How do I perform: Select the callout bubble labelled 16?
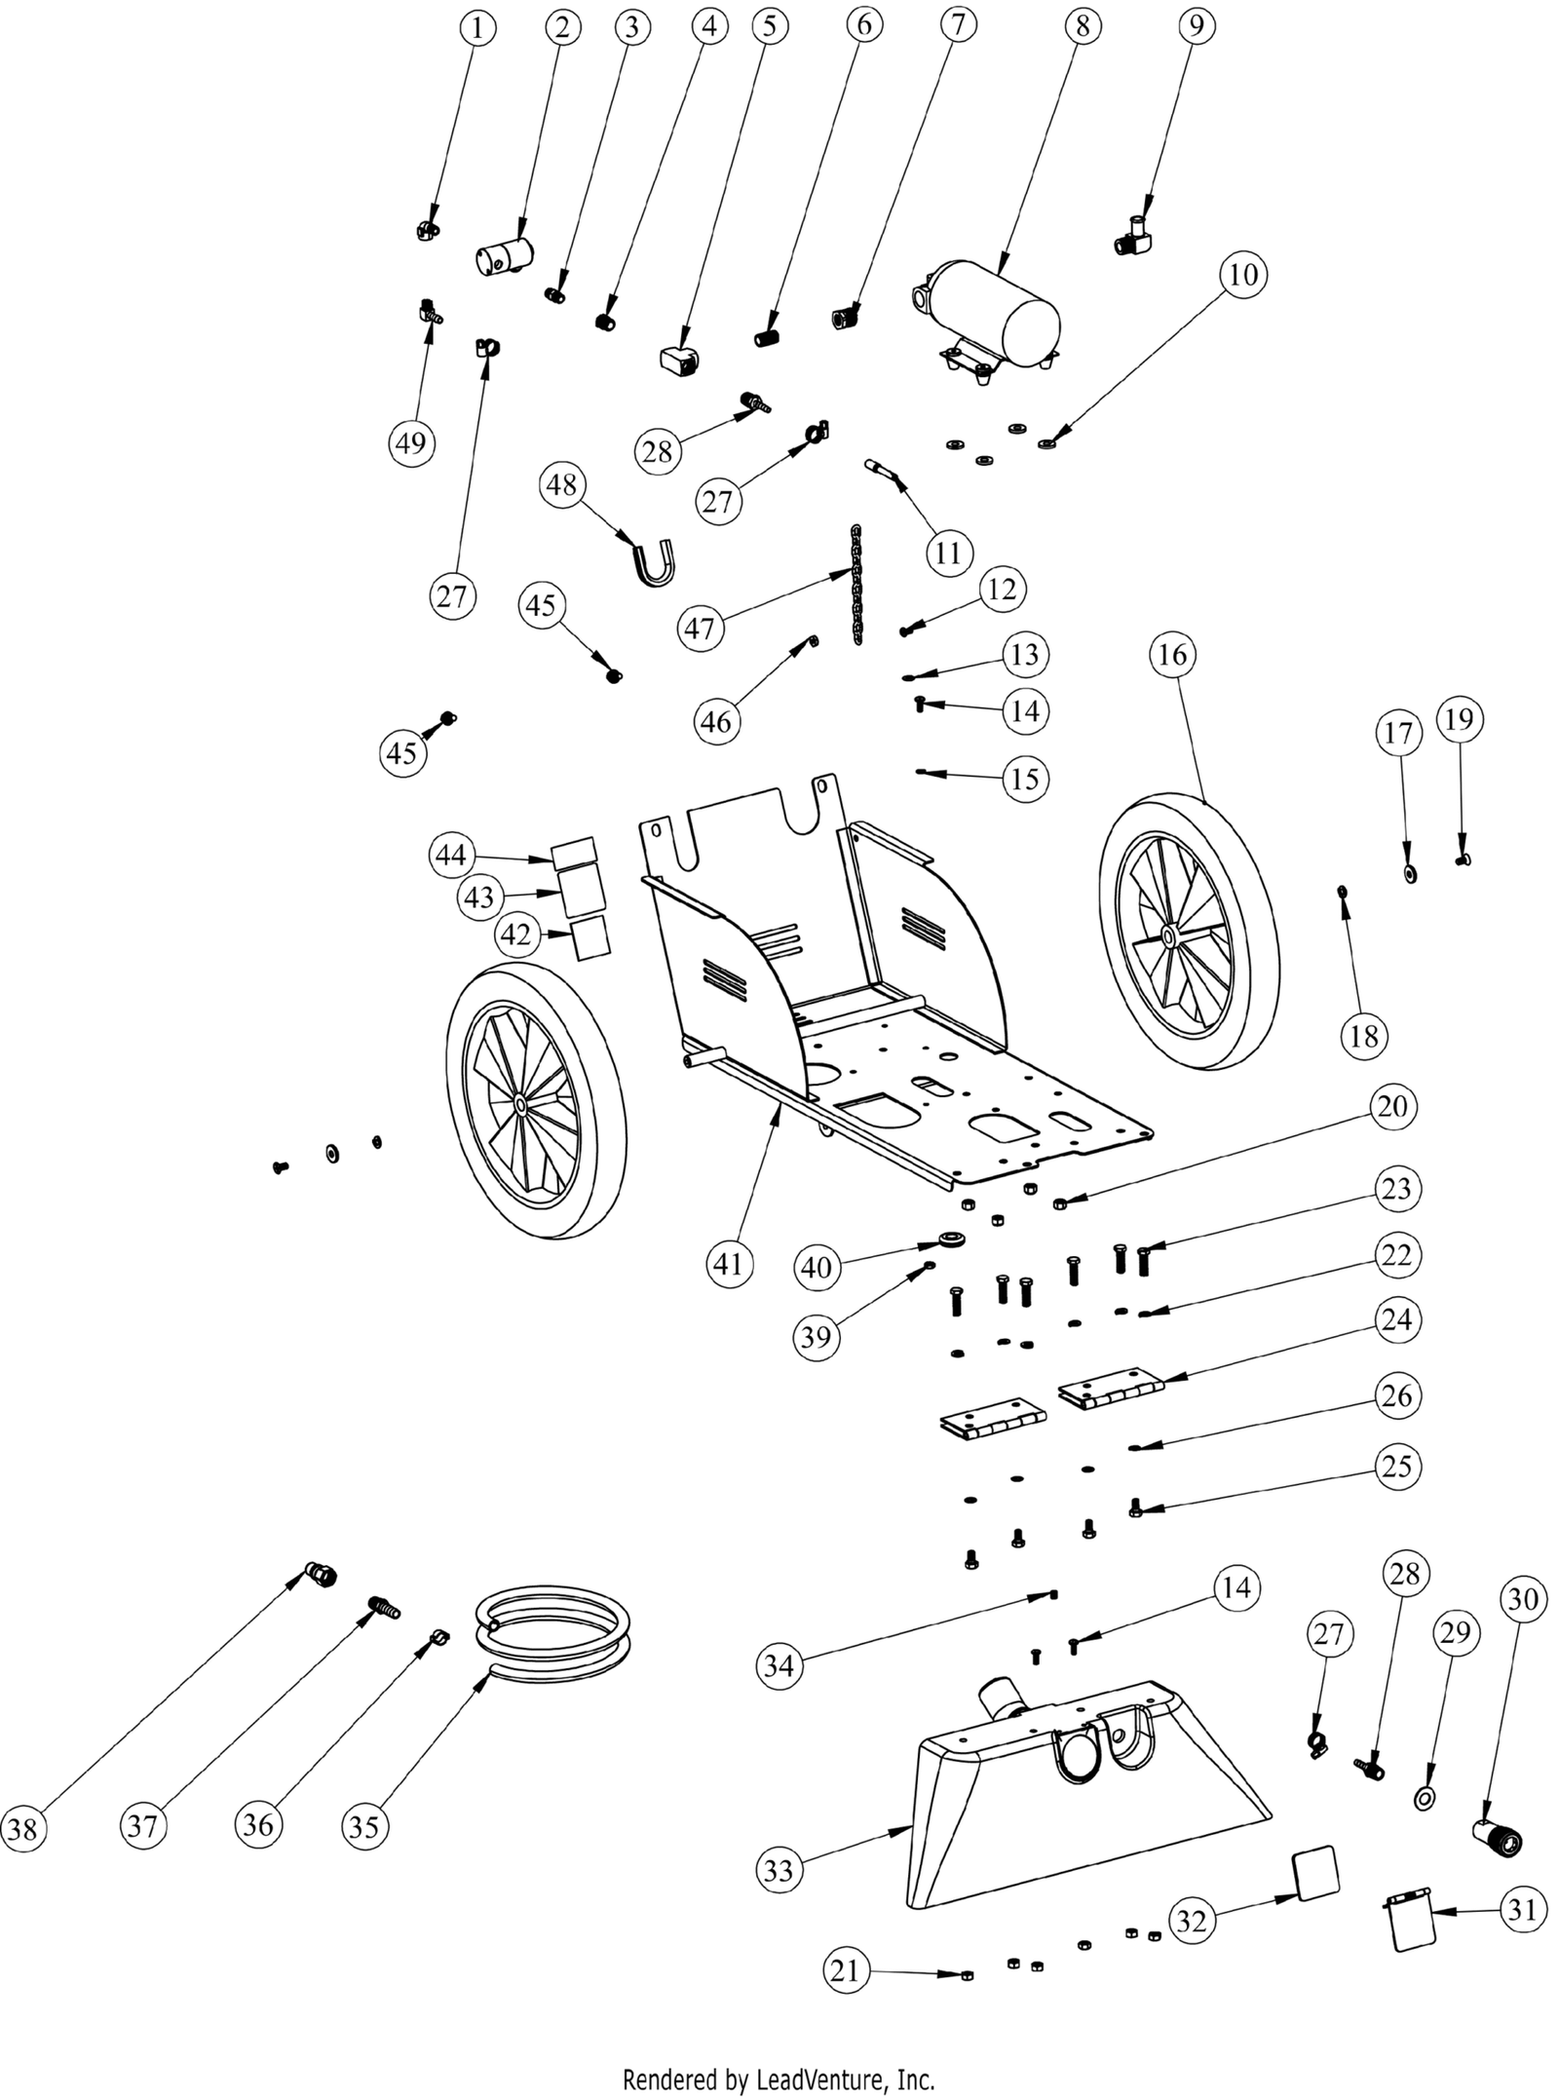1172,654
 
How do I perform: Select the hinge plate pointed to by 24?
1111,1395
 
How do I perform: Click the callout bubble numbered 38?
22,1828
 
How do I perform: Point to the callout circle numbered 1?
476,27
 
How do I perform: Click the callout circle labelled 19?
1459,719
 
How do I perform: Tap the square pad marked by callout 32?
1314,1872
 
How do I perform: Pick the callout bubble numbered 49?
410,442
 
